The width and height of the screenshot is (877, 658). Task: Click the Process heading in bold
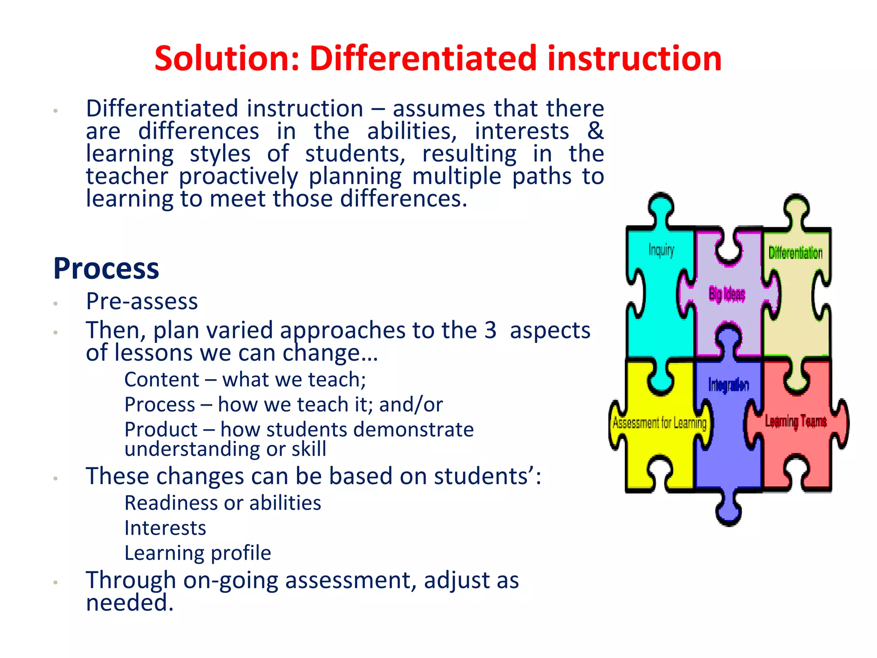tap(106, 269)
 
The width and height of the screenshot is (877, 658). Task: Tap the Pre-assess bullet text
tap(142, 301)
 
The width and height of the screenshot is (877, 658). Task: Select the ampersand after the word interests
tap(595, 131)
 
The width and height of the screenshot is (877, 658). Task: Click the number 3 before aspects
tap(490, 330)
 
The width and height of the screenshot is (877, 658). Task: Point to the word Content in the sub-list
tap(161, 380)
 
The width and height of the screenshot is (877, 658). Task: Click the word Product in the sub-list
tap(161, 429)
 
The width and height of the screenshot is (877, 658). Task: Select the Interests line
tap(165, 528)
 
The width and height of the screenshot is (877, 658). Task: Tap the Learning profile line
tap(197, 553)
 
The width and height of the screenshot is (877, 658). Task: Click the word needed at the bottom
tap(129, 603)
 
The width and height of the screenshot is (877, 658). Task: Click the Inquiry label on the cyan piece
tap(661, 250)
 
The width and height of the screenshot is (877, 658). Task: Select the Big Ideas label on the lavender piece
tap(727, 294)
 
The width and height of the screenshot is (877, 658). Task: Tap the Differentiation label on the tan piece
tap(795, 253)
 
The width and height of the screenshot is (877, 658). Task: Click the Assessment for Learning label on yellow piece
tap(659, 423)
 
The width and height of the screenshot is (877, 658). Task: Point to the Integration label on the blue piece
tap(728, 385)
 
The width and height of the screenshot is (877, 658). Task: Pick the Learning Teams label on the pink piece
tap(796, 422)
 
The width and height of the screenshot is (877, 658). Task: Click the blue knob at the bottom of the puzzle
tap(728, 512)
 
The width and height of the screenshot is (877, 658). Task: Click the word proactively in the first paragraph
tap(238, 176)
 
